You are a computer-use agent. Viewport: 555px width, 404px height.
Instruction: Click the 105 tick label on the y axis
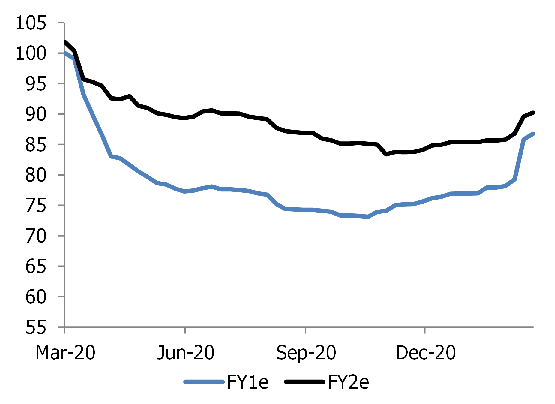[31, 23]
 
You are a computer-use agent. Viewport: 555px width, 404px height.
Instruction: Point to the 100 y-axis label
[31, 53]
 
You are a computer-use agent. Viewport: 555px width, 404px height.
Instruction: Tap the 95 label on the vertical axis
[36, 84]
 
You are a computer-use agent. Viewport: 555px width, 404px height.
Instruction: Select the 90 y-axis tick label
[36, 114]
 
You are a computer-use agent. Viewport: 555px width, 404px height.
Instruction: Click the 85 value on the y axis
[36, 145]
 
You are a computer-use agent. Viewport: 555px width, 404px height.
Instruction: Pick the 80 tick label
[36, 175]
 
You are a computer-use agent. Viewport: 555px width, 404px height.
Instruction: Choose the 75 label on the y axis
[36, 206]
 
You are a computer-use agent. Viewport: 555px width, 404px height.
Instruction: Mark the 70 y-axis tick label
[36, 236]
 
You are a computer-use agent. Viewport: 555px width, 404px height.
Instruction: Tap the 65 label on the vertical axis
[36, 267]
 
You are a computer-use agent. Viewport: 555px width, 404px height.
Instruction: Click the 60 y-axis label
[36, 297]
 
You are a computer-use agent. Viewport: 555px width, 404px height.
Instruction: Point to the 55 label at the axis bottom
[36, 327]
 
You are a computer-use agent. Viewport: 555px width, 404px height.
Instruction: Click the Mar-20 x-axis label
[65, 352]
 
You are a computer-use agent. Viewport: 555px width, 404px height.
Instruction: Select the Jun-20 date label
[185, 352]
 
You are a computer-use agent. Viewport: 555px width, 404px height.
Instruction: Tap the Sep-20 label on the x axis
[306, 352]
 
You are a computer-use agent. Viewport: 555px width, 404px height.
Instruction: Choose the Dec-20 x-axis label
[425, 352]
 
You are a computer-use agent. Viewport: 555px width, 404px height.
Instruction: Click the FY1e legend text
[247, 382]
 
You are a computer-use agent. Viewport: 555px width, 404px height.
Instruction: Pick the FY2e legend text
[348, 382]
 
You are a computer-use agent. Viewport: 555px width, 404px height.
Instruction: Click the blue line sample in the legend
[204, 382]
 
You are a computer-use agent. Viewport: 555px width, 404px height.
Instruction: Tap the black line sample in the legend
[305, 382]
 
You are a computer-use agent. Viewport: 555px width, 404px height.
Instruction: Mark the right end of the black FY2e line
[533, 113]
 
